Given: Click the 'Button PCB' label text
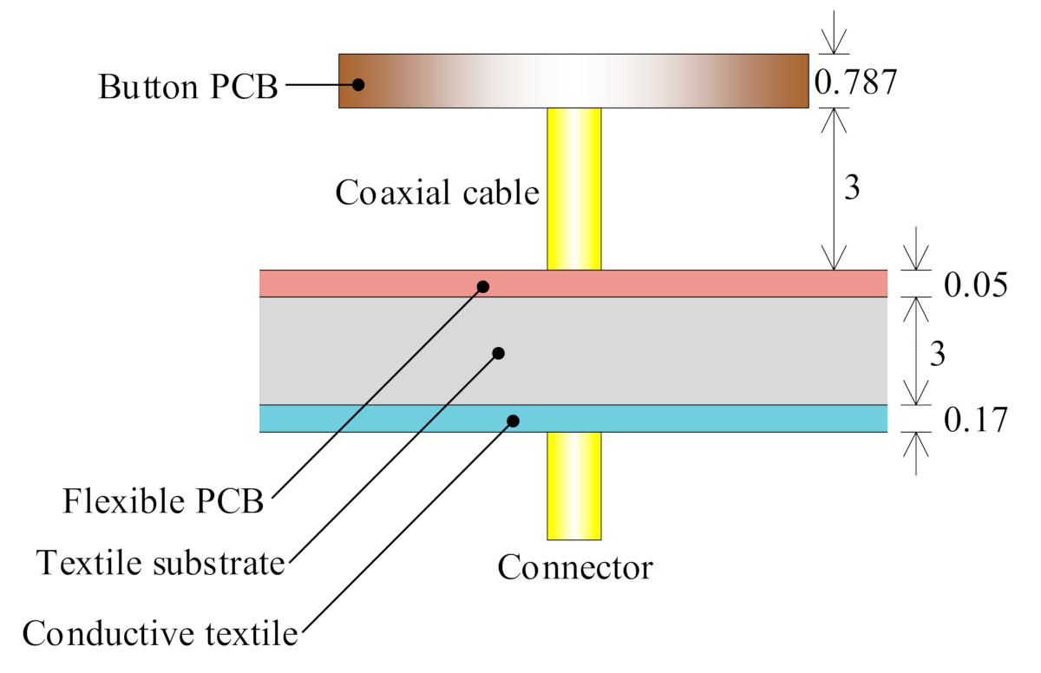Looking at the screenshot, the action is coord(187,86).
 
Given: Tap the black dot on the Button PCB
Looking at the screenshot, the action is coord(357,85).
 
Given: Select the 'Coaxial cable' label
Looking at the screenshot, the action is coord(437,193).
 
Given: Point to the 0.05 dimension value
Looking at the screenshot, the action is coord(975,285).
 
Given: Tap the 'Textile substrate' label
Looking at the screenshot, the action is coord(161,565).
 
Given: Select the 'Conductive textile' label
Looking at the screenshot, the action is coord(160,632).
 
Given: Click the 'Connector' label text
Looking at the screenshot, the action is coord(574,568).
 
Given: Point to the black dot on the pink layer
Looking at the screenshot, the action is coord(484,286).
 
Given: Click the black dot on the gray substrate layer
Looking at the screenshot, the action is coord(499,353).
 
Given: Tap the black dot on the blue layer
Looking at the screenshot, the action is coord(513,421).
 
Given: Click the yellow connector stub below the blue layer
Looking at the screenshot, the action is coord(573,486).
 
